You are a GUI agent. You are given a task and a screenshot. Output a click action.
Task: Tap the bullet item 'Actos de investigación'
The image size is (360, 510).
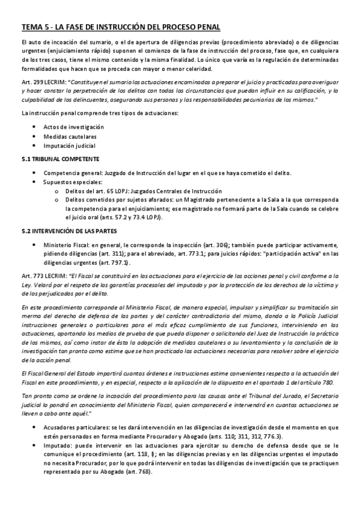coord(73,127)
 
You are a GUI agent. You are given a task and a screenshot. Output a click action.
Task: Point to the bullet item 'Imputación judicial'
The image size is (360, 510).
coord(69,146)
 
